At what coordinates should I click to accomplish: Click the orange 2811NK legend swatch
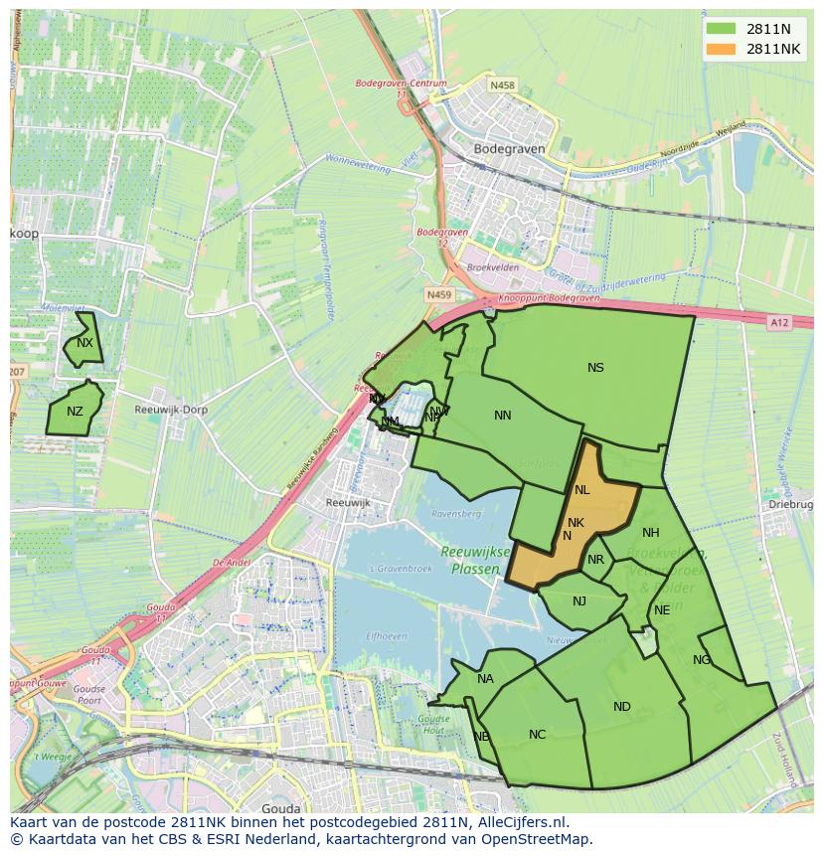tap(723, 48)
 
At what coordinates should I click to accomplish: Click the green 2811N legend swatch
tap(723, 28)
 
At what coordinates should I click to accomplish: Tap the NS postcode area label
tap(595, 368)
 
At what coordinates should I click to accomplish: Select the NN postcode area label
tap(503, 416)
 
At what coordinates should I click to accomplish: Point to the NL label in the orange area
tap(581, 490)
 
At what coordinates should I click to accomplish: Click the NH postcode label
tap(651, 533)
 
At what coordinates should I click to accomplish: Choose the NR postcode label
tap(595, 560)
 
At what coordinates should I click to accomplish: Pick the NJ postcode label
tap(579, 600)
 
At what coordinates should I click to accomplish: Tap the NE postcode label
tap(662, 610)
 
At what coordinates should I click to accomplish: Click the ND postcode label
tap(621, 707)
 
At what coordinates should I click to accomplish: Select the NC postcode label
tap(537, 735)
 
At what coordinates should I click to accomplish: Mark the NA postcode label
tap(485, 679)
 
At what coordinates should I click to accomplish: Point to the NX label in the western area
tap(84, 343)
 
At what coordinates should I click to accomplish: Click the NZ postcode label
tap(75, 412)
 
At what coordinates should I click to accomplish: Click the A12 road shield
tap(778, 322)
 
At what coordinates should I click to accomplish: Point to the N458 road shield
tap(503, 86)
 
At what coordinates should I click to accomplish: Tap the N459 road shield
tap(437, 295)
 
